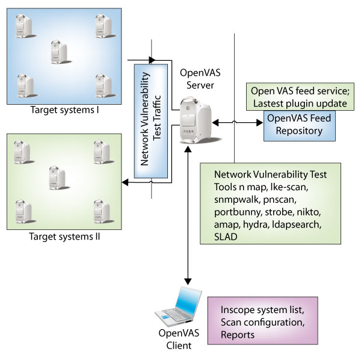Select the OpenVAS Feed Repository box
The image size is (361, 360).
click(x=300, y=125)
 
